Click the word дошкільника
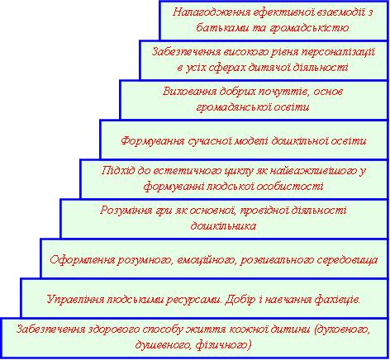tap(223, 226)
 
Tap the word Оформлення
tap(83, 260)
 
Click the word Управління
tap(75, 300)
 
